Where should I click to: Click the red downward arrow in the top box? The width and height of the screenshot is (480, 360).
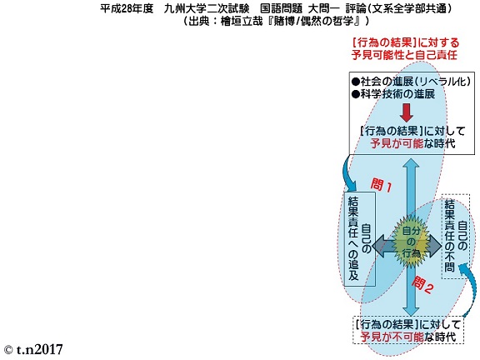[x=407, y=112]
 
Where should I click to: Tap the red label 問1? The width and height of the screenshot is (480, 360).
[x=382, y=186]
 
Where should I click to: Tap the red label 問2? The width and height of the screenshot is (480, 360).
[x=422, y=285]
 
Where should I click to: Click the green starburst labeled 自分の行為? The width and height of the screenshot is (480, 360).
[x=411, y=242]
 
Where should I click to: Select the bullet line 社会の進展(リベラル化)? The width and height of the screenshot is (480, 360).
[x=411, y=82]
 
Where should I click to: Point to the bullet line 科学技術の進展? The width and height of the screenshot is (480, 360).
[x=393, y=93]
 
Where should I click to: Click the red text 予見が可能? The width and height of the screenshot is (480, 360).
[x=397, y=143]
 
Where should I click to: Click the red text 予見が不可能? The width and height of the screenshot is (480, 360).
[x=392, y=337]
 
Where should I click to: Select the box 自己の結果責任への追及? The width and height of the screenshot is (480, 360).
[x=360, y=239]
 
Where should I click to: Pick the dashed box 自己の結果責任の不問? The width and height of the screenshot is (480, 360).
[x=456, y=237]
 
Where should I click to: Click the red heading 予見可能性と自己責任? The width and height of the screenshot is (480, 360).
[x=404, y=55]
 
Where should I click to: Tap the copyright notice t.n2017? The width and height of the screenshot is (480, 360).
[x=33, y=350]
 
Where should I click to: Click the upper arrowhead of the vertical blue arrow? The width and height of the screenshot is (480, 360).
[x=411, y=163]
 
